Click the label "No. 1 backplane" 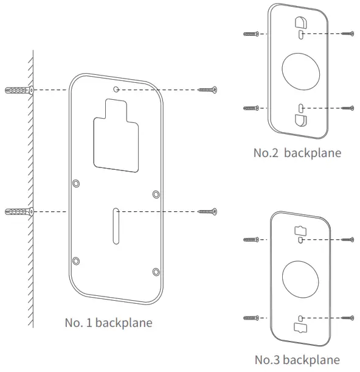coord(108,323)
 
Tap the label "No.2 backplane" coord(297,153)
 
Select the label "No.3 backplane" coord(297,359)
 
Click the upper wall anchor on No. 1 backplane coord(18,90)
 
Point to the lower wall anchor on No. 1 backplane coord(18,211)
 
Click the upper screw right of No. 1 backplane coord(207,90)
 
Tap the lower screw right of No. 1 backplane coord(207,211)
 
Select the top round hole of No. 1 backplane coord(117,89)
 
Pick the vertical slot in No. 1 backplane coord(116,225)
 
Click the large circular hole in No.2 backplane coord(300,71)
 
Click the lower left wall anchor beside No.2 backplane coord(251,108)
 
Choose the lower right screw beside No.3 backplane coord(347,318)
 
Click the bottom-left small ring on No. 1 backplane coord(76,261)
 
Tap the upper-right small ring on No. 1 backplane coord(156,194)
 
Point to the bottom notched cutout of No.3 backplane coord(301,327)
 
